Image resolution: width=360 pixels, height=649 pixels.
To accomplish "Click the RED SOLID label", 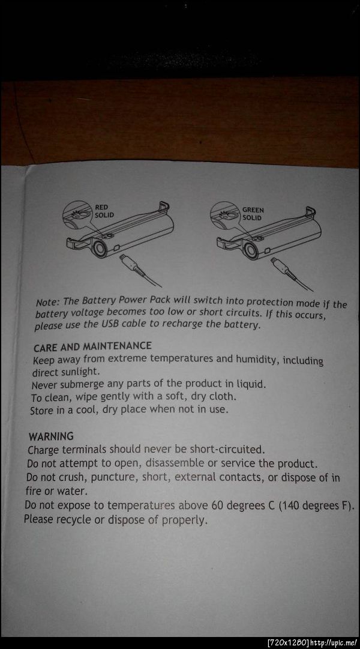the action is coord(104,211).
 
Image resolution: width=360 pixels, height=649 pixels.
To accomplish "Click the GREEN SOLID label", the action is coord(253,214).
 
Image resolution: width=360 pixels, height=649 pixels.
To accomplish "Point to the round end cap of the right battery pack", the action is coord(251,251).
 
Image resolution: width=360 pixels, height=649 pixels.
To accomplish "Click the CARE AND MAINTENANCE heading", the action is coord(92,346).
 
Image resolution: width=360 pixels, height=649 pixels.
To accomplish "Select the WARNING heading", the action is coord(51,436).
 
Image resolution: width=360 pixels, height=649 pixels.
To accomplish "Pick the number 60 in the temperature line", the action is coord(218,505).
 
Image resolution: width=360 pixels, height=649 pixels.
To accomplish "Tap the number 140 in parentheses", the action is coord(293,506).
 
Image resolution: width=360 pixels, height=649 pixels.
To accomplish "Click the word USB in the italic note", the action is coord(110,324).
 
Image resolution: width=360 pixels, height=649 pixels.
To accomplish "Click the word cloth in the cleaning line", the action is coord(223,396).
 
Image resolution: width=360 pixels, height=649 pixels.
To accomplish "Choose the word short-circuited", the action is coord(227,449).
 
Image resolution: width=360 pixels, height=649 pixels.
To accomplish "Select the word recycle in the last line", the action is coord(74,519).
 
